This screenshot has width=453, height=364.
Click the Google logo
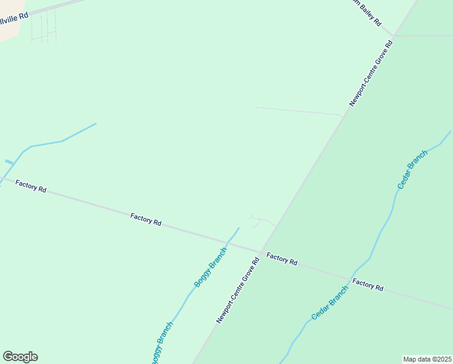click(20, 357)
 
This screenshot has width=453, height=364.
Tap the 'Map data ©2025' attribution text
click(427, 359)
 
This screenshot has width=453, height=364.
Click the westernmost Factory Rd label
click(31, 186)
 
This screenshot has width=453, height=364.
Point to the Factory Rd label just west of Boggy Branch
click(146, 219)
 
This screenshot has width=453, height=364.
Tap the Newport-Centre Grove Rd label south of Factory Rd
click(238, 290)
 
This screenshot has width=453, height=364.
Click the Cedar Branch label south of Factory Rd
click(330, 303)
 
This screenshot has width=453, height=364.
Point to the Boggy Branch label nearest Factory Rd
click(210, 268)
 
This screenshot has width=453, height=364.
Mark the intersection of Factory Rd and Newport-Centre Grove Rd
click(260, 252)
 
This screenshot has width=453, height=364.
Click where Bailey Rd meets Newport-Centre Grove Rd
click(394, 35)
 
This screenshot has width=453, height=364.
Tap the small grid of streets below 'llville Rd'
click(44, 27)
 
